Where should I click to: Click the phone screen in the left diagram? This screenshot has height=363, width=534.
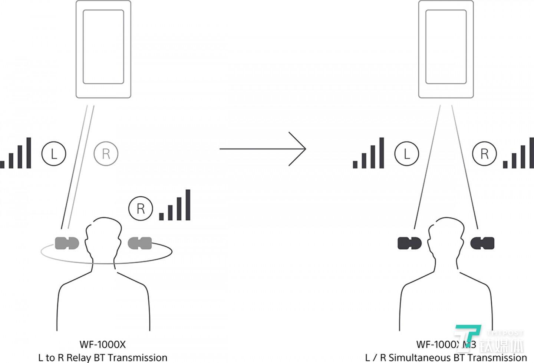point(103,47)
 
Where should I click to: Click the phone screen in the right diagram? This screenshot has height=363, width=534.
point(446,47)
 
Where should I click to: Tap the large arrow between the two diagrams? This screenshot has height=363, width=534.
point(263,149)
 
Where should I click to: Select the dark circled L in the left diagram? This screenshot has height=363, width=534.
point(54,153)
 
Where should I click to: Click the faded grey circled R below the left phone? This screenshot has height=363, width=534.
point(106,153)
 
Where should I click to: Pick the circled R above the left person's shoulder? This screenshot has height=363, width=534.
point(141,209)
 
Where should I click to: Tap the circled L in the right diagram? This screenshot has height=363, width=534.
point(407,153)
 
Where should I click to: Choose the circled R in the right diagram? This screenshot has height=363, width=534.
point(484,153)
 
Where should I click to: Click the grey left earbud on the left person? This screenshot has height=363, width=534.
point(67,243)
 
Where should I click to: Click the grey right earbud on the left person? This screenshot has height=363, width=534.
point(140,243)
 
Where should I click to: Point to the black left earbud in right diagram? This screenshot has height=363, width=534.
point(409,243)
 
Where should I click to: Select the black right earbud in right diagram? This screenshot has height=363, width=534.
point(482,243)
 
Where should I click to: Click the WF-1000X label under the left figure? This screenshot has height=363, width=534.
point(103,344)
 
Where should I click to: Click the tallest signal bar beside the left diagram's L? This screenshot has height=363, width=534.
point(29,153)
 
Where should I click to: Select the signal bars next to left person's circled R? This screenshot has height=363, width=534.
point(175,206)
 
